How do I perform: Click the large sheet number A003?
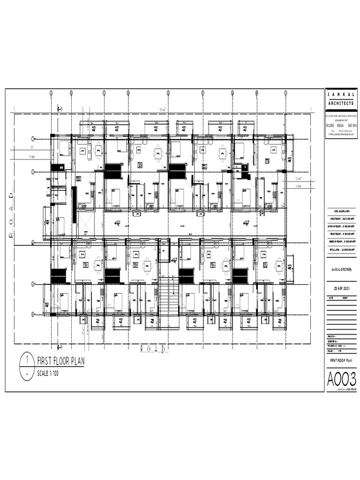coord(341,378)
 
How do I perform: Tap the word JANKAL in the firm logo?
coord(341,95)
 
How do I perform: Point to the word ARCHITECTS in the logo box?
coord(341,103)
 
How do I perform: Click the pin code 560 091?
coord(351,125)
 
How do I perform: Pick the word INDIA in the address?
coord(338,125)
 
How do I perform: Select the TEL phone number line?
coord(341,130)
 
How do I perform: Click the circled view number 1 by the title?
coord(27,360)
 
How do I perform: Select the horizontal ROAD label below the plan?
coord(154,349)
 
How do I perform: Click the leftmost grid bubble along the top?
coord(51,93)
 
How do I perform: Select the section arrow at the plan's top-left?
coord(60,109)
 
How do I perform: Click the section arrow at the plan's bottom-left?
coord(60,347)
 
